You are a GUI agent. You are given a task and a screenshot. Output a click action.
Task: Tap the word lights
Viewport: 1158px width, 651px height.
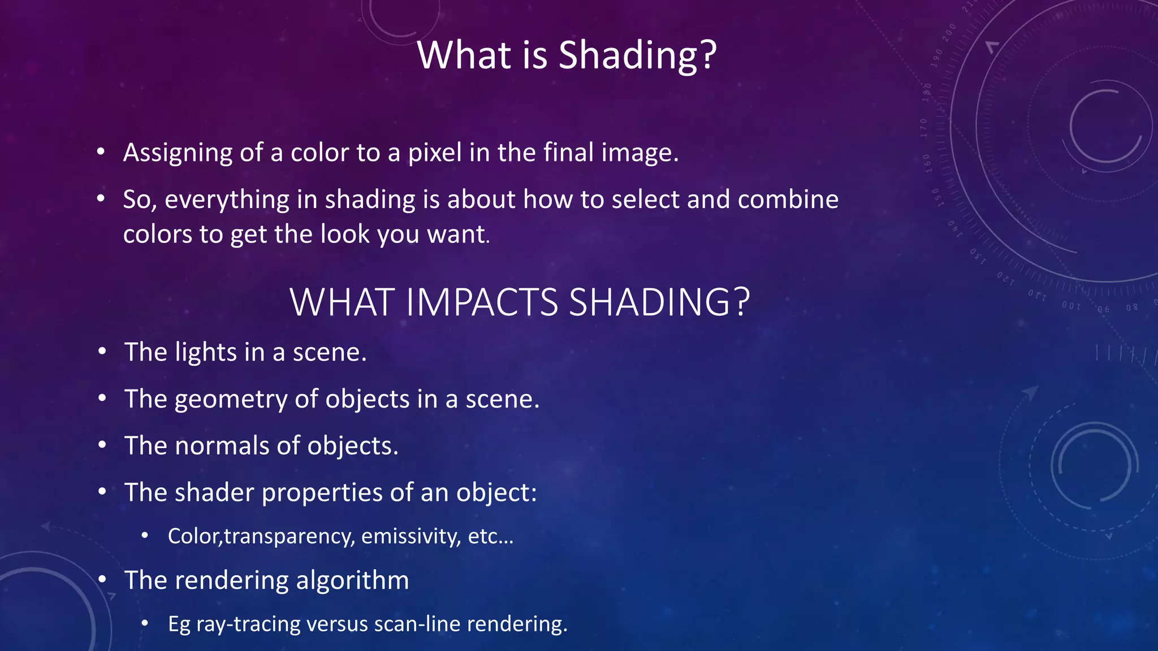(206, 352)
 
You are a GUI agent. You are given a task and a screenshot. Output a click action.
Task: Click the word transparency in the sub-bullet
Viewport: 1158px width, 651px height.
(288, 536)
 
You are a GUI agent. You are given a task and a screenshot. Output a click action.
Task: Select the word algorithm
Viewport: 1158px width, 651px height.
(352, 580)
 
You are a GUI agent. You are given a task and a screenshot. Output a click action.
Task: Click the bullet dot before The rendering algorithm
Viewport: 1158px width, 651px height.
(102, 580)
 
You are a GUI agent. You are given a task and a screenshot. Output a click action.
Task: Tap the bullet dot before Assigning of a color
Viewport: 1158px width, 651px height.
(101, 152)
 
